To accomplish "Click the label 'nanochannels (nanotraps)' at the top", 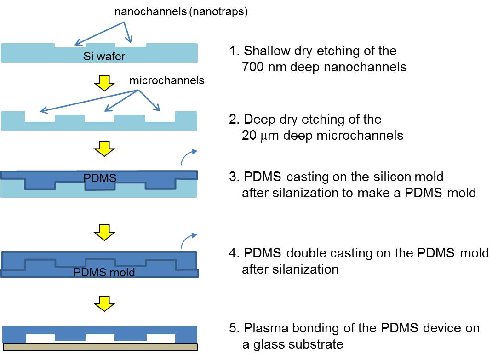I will click(181, 12).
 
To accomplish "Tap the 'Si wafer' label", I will click(104, 57).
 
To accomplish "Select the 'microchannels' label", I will click(166, 80).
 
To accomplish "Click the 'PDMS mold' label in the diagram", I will click(104, 273).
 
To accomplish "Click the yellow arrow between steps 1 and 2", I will click(104, 83).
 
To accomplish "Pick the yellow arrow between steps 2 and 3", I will click(104, 149).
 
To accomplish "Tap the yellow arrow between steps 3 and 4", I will click(104, 234).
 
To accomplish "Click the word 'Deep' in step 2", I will click(258, 120).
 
